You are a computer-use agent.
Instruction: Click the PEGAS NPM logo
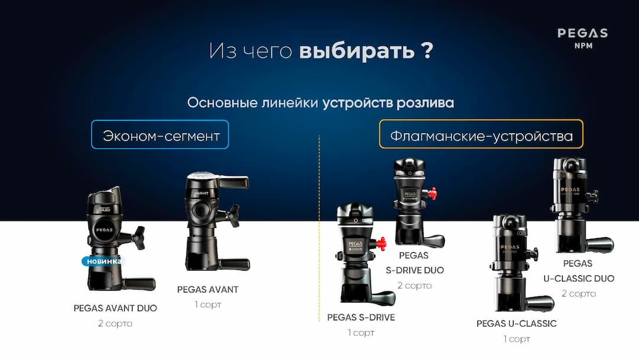582,38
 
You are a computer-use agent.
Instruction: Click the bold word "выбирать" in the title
356,51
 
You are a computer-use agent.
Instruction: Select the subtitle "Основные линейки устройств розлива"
320,102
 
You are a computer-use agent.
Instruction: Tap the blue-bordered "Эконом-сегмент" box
160,134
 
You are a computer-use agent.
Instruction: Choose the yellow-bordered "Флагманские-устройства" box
480,134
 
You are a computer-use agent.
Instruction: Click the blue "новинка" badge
104,261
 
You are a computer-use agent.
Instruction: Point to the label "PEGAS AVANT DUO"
115,308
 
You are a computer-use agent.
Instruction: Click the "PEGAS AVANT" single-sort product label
208,290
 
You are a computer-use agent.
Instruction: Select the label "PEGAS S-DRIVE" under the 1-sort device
361,317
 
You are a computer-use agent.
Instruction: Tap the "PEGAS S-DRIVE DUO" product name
414,263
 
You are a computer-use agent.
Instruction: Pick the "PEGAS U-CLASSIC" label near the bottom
517,323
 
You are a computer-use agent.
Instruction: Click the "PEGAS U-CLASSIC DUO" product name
579,271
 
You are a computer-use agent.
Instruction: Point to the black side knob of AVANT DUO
138,237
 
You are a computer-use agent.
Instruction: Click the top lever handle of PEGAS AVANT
232,181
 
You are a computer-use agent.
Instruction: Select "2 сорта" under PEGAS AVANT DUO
115,323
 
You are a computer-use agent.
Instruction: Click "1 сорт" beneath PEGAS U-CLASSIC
517,339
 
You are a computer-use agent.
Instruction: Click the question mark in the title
427,51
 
